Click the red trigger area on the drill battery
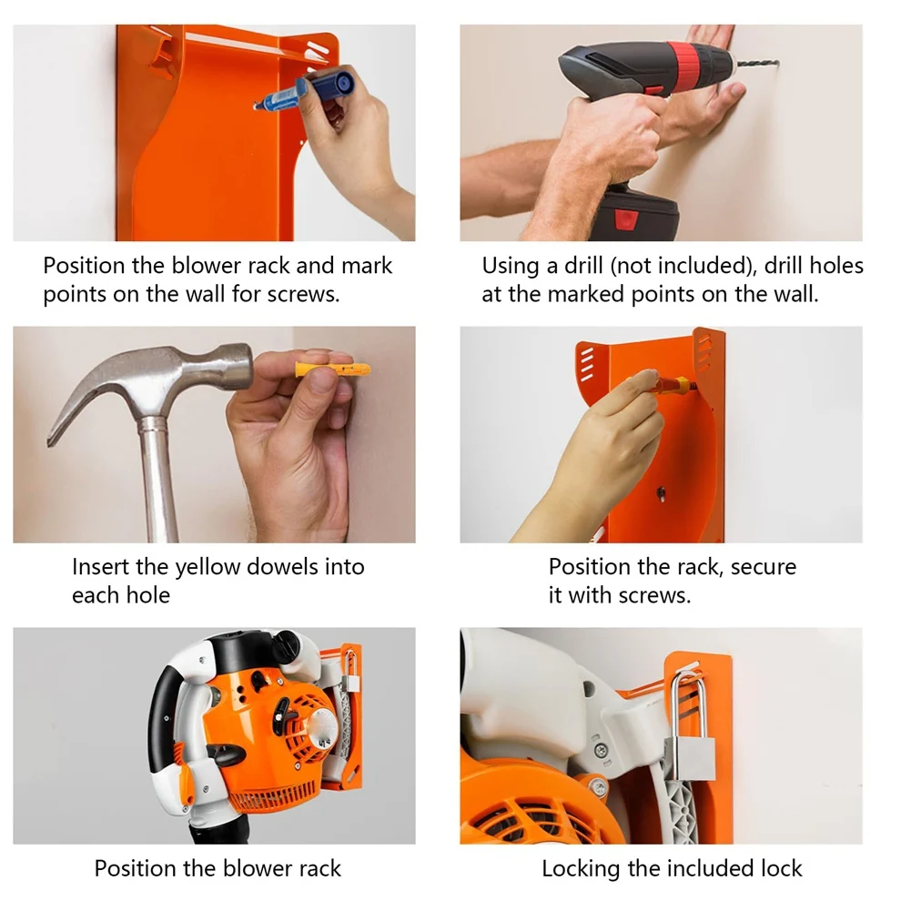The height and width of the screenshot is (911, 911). [625, 219]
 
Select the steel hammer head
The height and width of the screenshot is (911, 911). [155, 382]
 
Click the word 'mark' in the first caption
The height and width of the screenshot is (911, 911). [367, 266]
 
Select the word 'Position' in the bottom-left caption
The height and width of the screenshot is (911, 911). [137, 869]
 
